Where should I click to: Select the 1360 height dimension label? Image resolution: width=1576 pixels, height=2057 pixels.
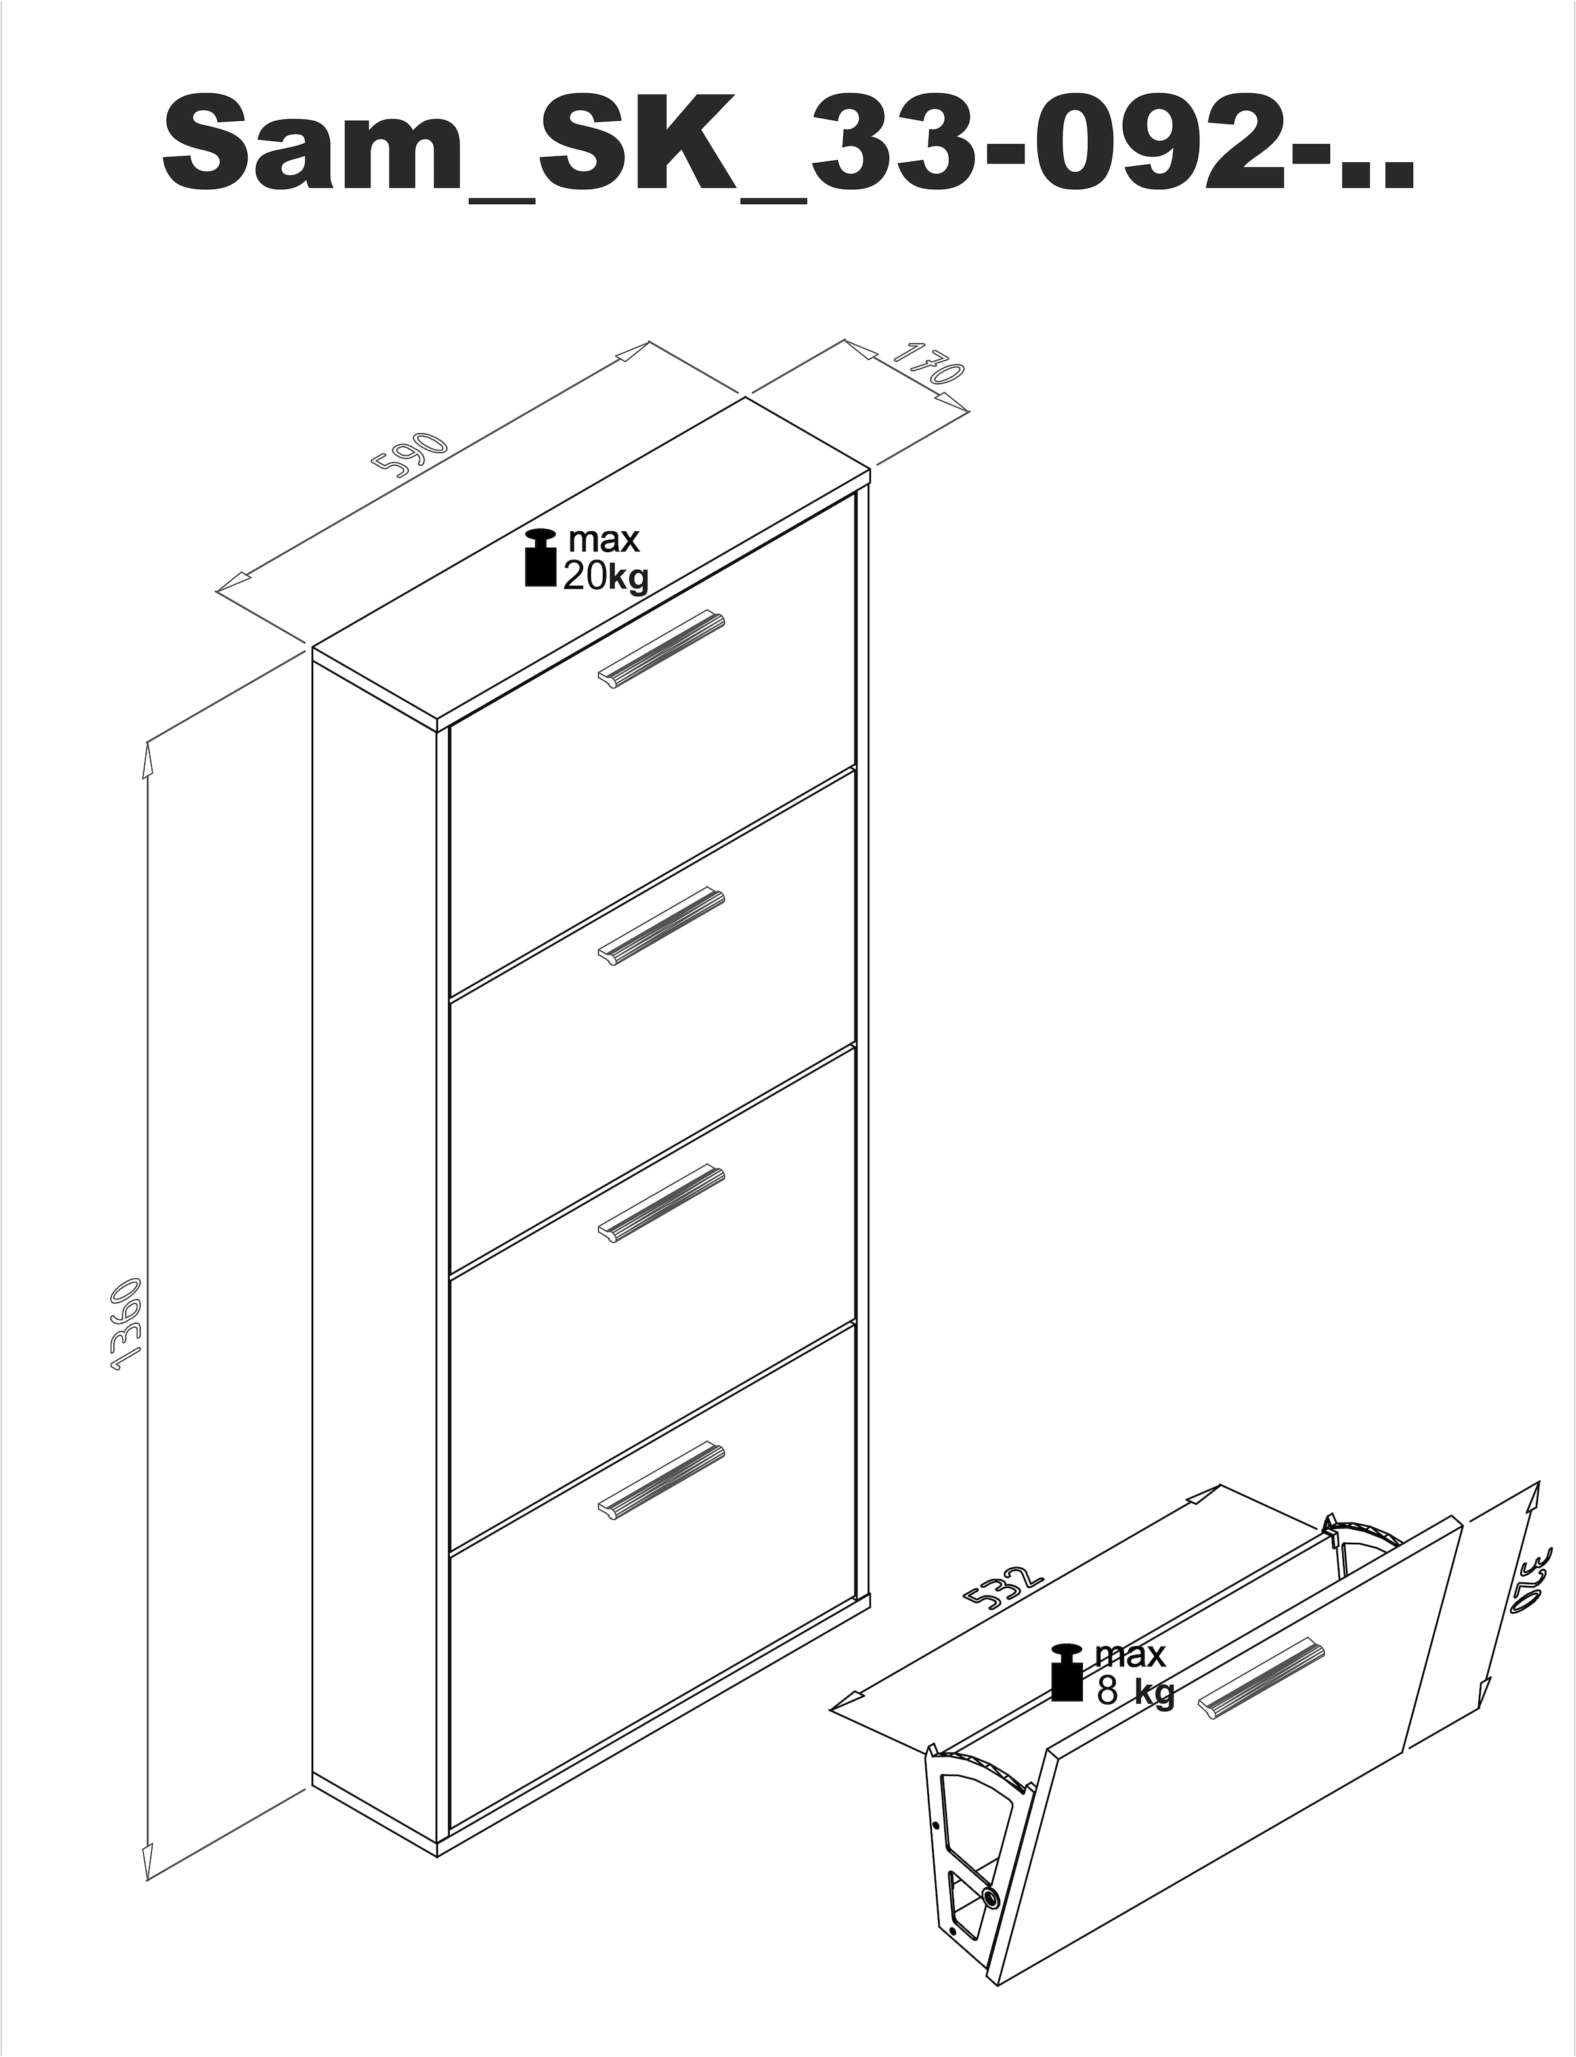[125, 1326]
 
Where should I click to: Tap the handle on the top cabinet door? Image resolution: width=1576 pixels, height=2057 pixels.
[661, 648]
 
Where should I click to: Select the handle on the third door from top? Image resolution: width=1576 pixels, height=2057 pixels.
[661, 1205]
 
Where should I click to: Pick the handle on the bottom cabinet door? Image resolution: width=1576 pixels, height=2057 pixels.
[661, 1479]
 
